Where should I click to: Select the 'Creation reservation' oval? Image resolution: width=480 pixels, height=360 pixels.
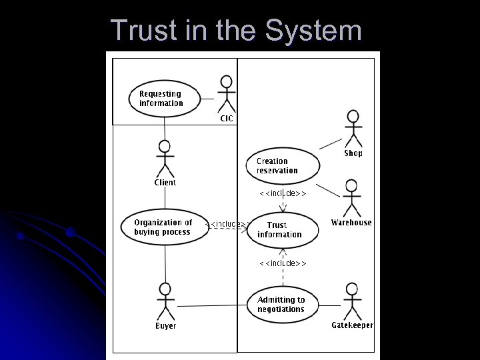pos(283,166)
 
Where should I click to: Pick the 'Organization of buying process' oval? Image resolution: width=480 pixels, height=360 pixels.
pos(163,227)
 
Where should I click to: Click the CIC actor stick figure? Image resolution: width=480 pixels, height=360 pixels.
pos(227,95)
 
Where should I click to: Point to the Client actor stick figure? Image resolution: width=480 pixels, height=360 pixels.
pos(165,158)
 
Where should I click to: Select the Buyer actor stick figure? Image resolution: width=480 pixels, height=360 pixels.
pos(165,301)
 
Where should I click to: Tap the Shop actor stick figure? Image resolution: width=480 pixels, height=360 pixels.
pos(353,129)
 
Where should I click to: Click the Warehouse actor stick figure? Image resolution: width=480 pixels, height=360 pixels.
pos(351,198)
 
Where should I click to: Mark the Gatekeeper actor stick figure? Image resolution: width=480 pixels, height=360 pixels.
pos(352,301)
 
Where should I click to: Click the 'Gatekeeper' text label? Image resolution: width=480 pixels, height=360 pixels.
pos(352,325)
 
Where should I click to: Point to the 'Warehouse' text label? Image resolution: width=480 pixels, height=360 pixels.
pos(351,223)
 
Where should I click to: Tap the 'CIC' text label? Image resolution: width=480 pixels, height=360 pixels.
pos(227,119)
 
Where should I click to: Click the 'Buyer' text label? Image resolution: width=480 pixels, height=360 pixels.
pos(165,326)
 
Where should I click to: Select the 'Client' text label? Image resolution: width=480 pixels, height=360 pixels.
pos(165,183)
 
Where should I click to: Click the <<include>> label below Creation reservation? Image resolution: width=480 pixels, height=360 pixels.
pos(282,193)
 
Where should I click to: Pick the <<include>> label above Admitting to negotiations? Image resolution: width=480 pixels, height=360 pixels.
pos(282,263)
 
